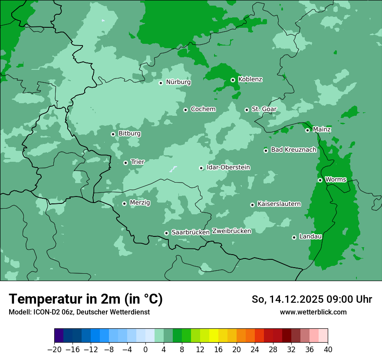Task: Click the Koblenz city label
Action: click(250, 79)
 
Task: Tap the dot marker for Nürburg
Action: click(161, 82)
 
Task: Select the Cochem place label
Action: click(203, 109)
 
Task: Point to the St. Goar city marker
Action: click(247, 110)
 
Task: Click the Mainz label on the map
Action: click(322, 130)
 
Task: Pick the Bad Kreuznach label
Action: click(293, 150)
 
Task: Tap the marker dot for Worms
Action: click(320, 180)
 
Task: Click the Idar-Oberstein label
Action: click(228, 167)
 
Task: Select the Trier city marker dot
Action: click(125, 163)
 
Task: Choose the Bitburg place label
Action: click(129, 134)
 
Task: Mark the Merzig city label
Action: click(140, 203)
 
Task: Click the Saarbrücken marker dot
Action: click(166, 233)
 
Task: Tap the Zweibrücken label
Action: click(232, 231)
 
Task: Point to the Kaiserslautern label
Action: click(279, 204)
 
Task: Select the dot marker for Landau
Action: click(294, 237)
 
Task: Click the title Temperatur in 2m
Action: click(86, 299)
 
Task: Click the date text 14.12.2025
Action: click(295, 299)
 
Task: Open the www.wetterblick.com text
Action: click(313, 312)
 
